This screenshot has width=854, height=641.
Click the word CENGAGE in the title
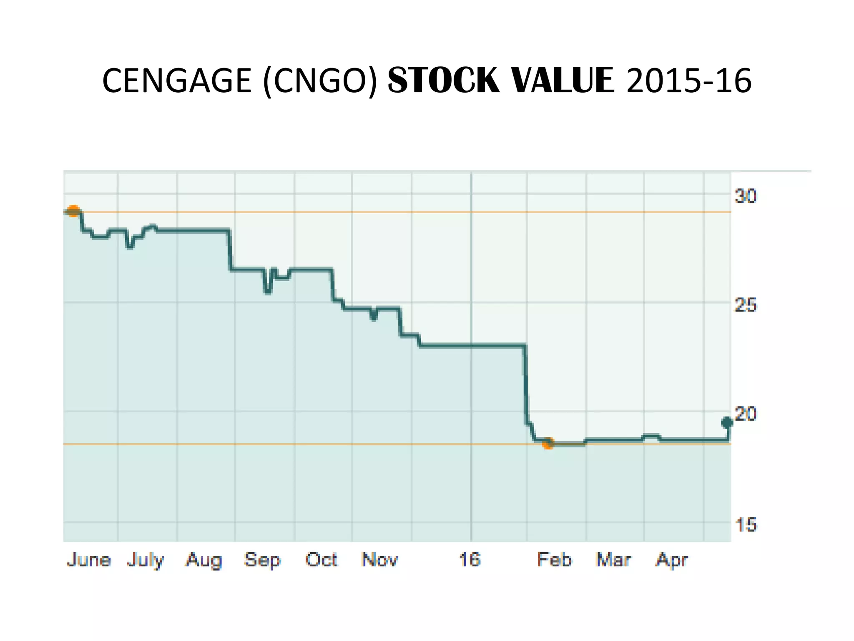coord(176,81)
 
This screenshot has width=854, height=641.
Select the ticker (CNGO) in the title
coord(320,81)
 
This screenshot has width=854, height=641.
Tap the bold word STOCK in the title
coord(443,81)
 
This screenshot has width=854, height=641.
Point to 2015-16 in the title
coord(689,81)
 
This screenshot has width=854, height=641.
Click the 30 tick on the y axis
coord(745,196)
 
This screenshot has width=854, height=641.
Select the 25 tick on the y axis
coord(745,305)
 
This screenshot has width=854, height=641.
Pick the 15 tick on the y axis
coord(745,525)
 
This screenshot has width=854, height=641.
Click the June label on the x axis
coord(89,560)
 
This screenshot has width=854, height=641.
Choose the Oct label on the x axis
coord(321,560)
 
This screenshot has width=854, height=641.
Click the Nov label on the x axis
coord(380,560)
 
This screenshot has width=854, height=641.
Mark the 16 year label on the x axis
coord(470,560)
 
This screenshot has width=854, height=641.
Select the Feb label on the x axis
coord(554,560)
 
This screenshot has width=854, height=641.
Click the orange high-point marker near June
coord(73,211)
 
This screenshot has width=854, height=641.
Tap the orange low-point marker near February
coord(548,443)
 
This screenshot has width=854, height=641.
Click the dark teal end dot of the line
coord(727,422)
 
